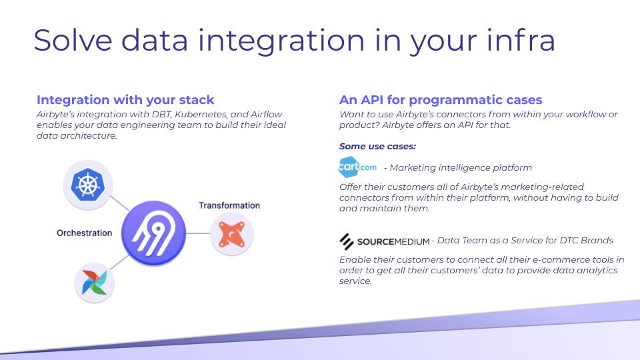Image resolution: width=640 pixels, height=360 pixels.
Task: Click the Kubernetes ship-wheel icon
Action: (88, 185)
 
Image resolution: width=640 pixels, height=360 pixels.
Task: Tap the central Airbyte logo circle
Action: (153, 233)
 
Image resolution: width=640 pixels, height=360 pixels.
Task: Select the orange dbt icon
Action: (232, 234)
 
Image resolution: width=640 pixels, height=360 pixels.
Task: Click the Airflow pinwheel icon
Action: (94, 283)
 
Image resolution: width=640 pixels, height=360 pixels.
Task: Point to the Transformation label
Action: (229, 205)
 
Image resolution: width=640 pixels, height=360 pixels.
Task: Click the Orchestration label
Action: (85, 233)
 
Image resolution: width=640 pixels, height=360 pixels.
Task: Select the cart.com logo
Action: (357, 167)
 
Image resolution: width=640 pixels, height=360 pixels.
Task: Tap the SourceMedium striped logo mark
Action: (347, 241)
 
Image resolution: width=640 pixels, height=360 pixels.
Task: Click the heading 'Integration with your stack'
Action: (125, 99)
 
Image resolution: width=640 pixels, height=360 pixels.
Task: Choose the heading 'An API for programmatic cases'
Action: (441, 99)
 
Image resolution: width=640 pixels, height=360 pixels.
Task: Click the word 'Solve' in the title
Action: (73, 40)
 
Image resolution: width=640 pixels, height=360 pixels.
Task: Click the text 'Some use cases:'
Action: (377, 146)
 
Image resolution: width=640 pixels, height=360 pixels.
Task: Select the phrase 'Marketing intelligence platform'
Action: (461, 167)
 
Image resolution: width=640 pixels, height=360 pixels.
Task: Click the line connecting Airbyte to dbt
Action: (198, 233)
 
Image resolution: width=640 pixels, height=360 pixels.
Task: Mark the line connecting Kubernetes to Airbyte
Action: (119, 203)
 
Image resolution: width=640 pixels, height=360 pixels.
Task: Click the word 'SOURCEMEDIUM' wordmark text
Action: (393, 241)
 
